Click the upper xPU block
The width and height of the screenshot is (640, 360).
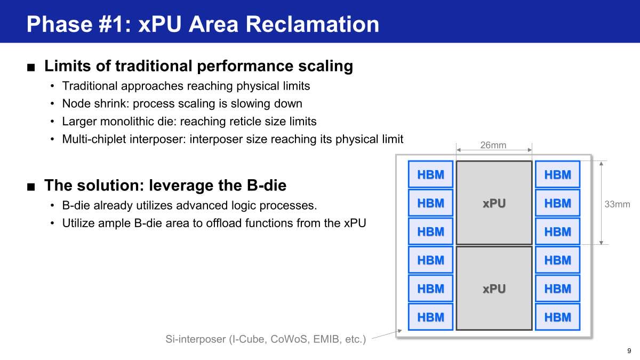coord(494,203)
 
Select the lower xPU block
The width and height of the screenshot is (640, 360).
coord(494,289)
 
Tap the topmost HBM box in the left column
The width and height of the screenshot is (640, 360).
coord(430,174)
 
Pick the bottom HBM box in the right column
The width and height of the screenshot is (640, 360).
coord(557,317)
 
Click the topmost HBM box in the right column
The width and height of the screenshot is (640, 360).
coord(557,174)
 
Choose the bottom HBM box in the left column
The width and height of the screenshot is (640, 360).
coord(430,317)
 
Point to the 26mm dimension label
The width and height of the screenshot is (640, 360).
coord(493,145)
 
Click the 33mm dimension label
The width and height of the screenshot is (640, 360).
coord(617,204)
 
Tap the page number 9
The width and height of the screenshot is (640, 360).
coord(629,350)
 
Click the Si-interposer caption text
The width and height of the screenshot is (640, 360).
coord(266,339)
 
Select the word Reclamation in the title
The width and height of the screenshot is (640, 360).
coord(313,24)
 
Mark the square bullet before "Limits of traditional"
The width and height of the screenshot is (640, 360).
coord(31,67)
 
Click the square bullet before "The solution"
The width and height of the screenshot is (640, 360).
coord(31,187)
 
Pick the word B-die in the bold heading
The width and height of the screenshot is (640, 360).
coord(266,185)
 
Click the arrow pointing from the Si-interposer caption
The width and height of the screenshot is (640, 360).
coord(387,334)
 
